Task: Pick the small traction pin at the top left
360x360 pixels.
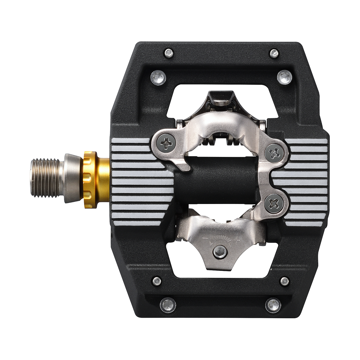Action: coord(169,53)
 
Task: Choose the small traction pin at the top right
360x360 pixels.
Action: coord(274,53)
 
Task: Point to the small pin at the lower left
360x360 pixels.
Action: coord(156,281)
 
